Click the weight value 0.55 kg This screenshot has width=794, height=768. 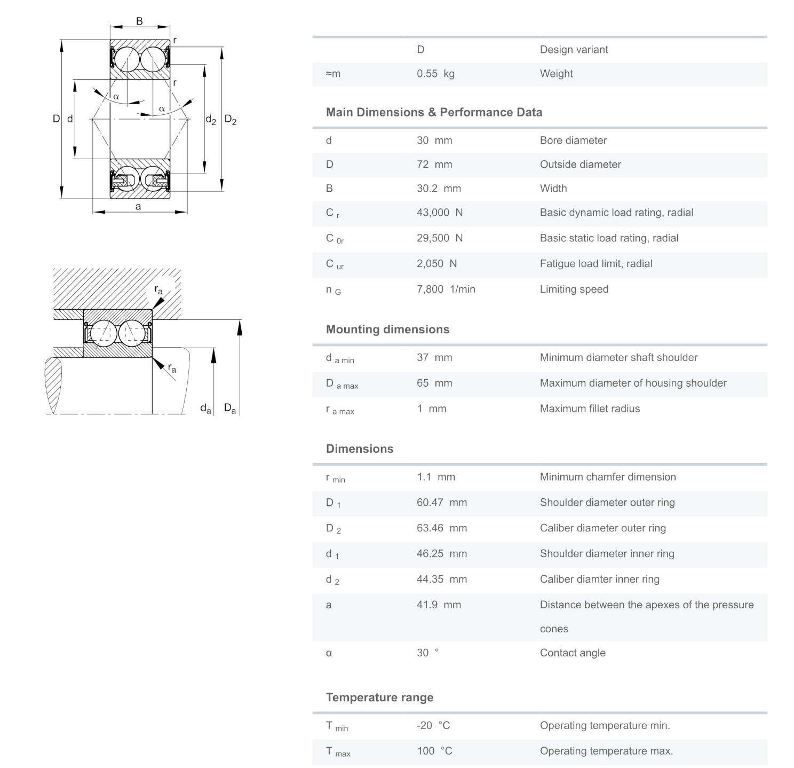[x=435, y=74]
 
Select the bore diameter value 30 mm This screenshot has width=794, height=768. [x=434, y=140]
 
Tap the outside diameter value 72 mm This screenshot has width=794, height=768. [x=434, y=164]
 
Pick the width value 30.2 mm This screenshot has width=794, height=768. [x=439, y=189]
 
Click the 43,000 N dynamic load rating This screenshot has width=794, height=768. [x=439, y=213]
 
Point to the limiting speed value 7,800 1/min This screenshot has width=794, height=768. [x=446, y=289]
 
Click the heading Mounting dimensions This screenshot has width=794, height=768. [x=387, y=330]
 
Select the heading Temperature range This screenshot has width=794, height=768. [x=379, y=698]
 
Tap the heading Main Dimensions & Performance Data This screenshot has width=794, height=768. [x=434, y=112]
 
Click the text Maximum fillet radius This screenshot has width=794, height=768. [x=590, y=409]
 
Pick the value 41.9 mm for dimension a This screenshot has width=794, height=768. [x=439, y=605]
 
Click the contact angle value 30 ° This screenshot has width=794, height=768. [x=427, y=653]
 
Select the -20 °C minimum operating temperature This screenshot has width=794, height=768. [x=433, y=725]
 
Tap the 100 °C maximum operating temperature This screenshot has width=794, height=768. [x=434, y=751]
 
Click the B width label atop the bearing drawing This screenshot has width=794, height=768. [x=139, y=21]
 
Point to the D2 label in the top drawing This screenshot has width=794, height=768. [x=230, y=119]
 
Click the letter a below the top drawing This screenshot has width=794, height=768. [x=138, y=207]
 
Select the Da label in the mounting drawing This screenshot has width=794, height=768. [x=230, y=409]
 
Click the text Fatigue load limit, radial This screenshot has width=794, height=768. [x=596, y=263]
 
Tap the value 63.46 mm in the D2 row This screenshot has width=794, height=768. [x=441, y=528]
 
